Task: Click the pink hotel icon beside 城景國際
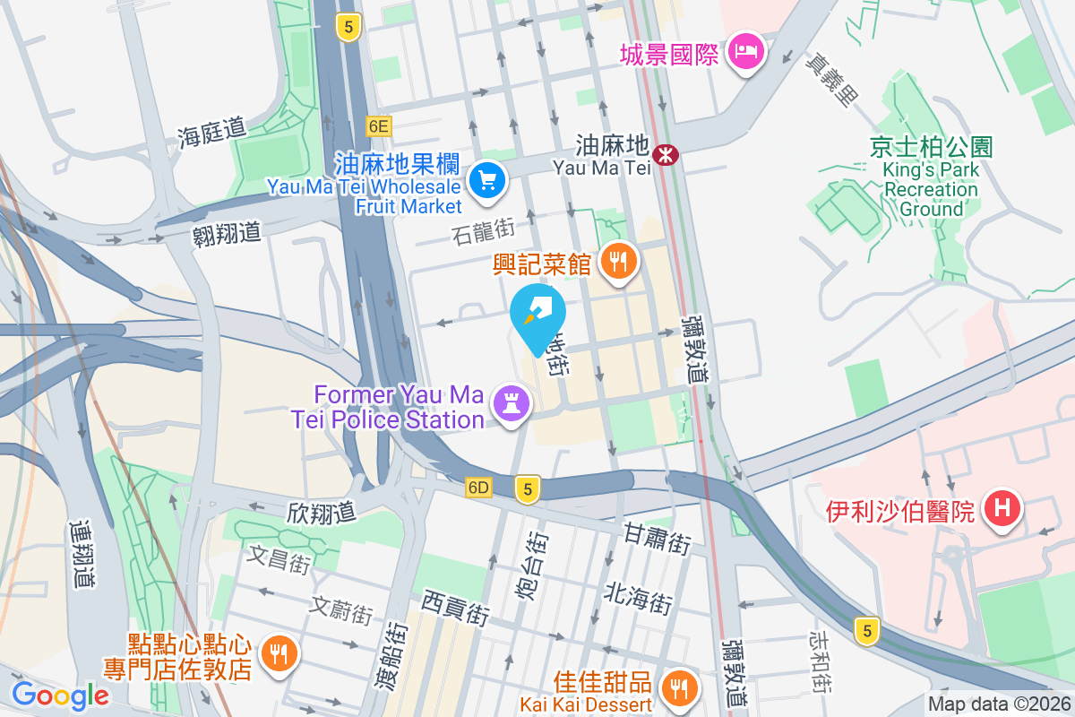(745, 52)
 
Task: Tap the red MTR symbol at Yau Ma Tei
(665, 154)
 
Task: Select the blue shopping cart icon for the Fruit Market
(487, 181)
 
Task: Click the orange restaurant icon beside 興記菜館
(617, 262)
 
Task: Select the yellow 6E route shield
(379, 125)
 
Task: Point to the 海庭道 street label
(211, 134)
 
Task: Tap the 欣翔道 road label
(322, 513)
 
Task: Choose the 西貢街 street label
(456, 607)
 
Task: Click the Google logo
(60, 695)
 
